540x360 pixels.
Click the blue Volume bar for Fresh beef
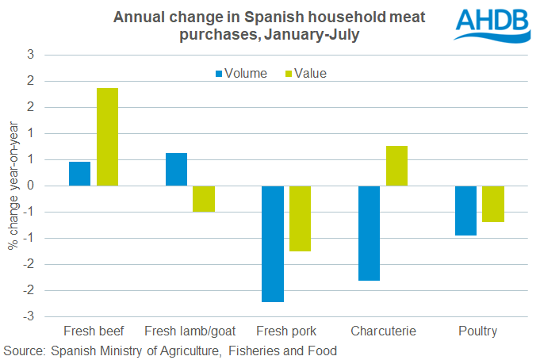point(79,174)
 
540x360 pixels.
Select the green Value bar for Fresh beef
point(107,137)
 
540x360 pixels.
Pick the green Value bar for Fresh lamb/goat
point(204,199)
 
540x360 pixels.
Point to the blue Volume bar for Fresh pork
point(272,243)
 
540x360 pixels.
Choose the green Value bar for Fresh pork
point(300,218)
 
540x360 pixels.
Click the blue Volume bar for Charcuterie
point(369,233)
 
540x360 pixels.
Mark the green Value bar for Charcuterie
point(396,166)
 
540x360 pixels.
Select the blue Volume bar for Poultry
point(465,210)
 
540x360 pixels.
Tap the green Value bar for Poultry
point(493,204)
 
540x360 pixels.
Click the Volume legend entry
point(239,73)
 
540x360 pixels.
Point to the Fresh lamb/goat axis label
point(190,331)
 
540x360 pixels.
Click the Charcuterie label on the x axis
point(383,331)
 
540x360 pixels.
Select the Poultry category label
point(480,331)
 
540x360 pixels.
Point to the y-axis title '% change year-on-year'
point(13,186)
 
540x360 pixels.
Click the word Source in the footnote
point(23,350)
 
